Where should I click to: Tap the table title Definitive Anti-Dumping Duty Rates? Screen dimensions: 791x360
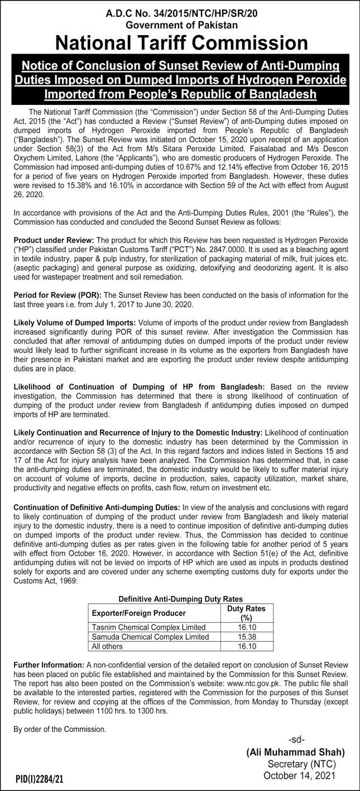(x=181, y=598)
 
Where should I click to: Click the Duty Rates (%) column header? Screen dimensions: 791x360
(x=246, y=613)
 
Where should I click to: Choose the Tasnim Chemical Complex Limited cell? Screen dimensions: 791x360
(x=148, y=627)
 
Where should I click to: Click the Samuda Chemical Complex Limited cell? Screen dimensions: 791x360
(x=150, y=636)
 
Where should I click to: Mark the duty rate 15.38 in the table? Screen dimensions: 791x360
(x=246, y=636)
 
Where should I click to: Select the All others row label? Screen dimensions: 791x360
(x=107, y=646)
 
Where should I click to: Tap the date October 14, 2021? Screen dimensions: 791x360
(x=301, y=775)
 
